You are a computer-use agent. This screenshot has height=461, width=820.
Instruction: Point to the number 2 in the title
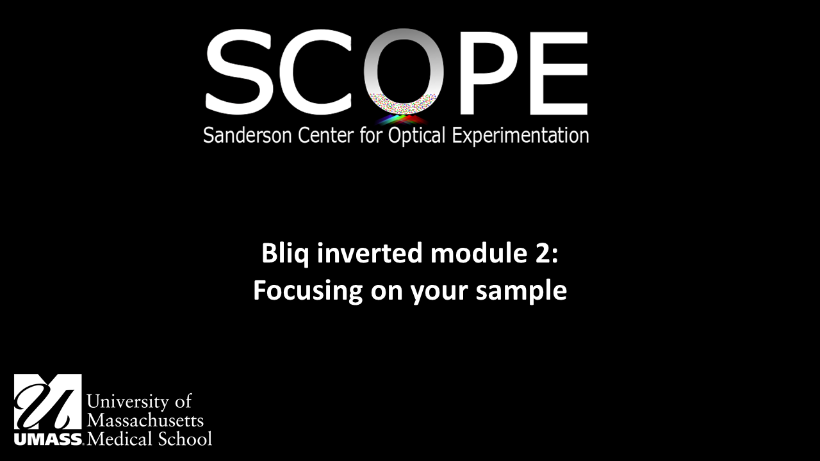click(544, 254)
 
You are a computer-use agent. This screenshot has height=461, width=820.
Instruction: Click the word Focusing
click(307, 291)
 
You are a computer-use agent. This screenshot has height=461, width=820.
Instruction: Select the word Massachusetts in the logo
click(145, 420)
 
